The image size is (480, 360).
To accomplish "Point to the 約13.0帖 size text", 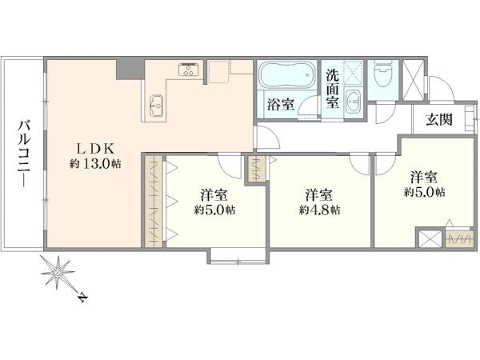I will tap(95, 164).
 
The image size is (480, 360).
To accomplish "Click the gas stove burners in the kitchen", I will tap(190, 70).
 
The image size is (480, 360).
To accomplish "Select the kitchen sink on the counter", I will tap(157, 103).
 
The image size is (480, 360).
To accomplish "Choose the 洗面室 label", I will tap(333, 88).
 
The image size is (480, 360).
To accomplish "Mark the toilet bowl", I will tap(383, 76).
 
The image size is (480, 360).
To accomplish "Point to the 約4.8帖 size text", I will tap(320, 210).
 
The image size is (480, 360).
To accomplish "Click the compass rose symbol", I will tap(59, 274).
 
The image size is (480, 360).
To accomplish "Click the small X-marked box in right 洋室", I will tap(429, 238).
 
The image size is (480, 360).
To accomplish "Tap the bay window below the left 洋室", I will tap(237, 256).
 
